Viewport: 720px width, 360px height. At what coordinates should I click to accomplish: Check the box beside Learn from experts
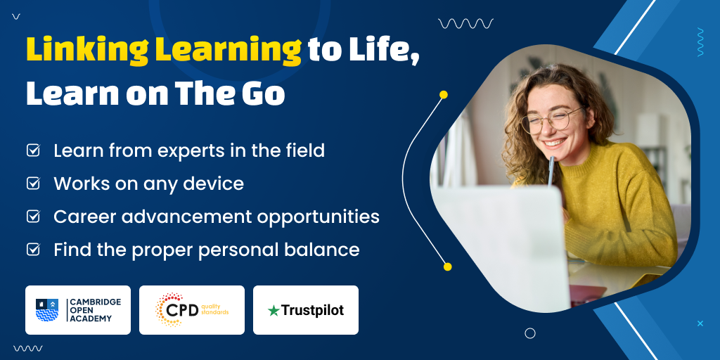click(33, 150)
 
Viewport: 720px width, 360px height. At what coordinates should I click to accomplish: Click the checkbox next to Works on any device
click(33, 184)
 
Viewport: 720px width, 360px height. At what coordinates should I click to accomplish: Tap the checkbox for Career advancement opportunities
click(33, 217)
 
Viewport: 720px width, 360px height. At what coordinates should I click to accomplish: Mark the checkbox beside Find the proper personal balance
click(33, 250)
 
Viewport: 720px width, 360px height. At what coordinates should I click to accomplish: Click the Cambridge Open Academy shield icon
click(47, 310)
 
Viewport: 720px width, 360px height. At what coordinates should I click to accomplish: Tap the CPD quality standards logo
click(191, 310)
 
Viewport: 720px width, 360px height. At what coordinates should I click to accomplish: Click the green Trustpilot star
click(274, 311)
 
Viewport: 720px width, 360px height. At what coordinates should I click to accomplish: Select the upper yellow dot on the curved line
click(443, 95)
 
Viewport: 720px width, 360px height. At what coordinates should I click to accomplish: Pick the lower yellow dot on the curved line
click(448, 266)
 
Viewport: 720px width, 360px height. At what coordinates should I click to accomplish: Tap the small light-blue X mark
click(700, 323)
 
